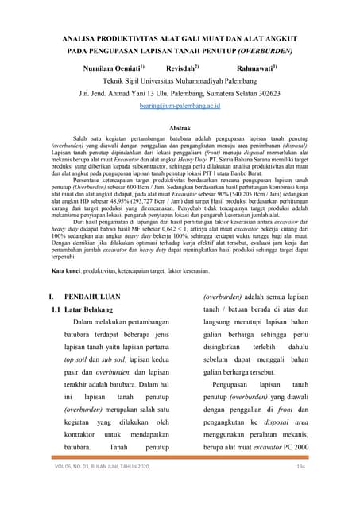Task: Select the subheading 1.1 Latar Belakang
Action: pos(85,308)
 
